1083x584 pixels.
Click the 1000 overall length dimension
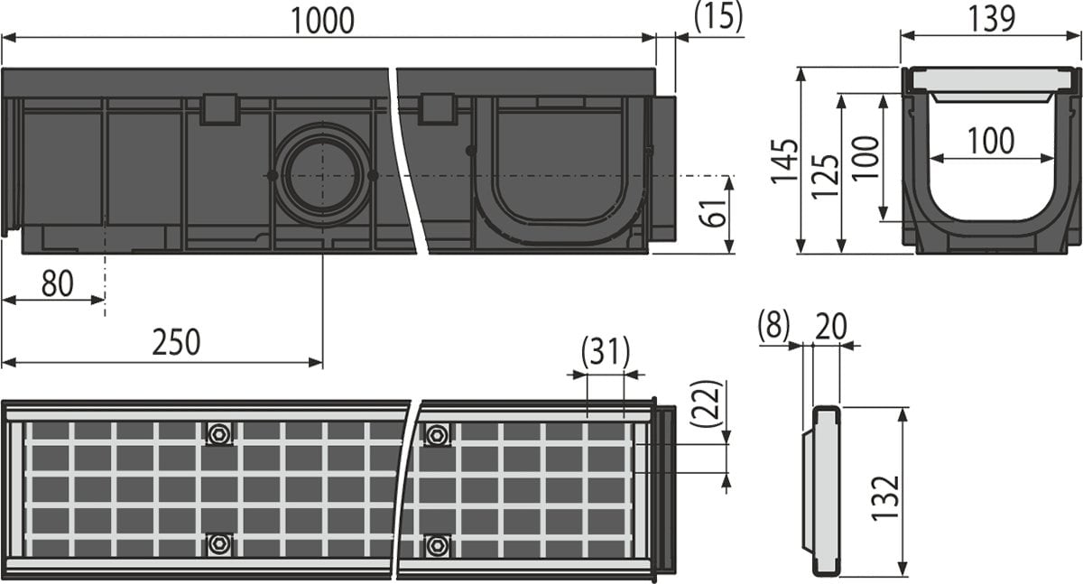coord(323,19)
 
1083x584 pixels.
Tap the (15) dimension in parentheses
coord(718,15)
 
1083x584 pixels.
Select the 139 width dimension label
coord(992,17)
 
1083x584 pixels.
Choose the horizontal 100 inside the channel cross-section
coord(991,141)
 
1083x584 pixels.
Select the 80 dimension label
coord(57,283)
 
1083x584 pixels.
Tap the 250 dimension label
coord(176,343)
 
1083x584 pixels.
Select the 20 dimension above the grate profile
coord(830,326)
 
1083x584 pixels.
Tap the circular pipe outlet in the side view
coord(322,174)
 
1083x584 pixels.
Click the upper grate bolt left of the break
coord(218,434)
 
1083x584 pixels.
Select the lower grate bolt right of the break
coord(438,544)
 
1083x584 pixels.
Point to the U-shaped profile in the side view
coord(560,171)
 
